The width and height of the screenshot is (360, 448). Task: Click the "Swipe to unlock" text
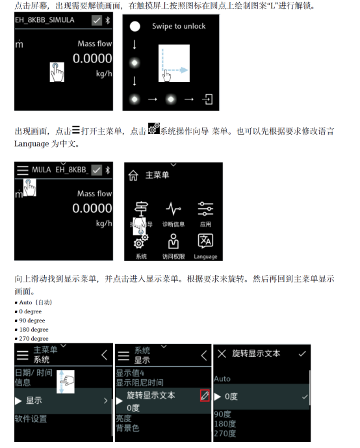(179, 26)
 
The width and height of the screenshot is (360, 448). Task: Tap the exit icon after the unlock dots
(207, 99)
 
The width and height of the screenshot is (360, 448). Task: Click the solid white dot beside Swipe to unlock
(135, 27)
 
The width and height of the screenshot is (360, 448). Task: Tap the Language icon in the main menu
(205, 241)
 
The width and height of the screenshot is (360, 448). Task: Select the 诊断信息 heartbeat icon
(174, 209)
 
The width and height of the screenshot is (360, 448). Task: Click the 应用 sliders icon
(205, 209)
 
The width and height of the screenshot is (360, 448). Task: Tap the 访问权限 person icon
(174, 241)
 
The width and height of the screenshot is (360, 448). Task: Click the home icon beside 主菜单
(133, 176)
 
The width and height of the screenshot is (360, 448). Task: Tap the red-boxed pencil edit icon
(205, 395)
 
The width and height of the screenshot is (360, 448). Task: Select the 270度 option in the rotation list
(225, 434)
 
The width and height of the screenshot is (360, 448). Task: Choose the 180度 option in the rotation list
(225, 424)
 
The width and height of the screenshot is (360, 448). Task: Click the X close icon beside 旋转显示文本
(222, 354)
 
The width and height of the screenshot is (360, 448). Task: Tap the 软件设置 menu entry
(31, 419)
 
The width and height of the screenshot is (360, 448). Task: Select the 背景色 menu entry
(127, 428)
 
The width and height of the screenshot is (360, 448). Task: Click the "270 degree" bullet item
(32, 339)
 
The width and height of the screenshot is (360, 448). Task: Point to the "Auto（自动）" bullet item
(33, 302)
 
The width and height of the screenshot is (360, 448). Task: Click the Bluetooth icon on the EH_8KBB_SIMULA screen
(108, 20)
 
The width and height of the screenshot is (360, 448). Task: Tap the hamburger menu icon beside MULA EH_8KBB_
(23, 170)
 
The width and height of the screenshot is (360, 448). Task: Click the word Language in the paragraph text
(32, 144)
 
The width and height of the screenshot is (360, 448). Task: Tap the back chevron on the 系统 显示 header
(204, 356)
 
